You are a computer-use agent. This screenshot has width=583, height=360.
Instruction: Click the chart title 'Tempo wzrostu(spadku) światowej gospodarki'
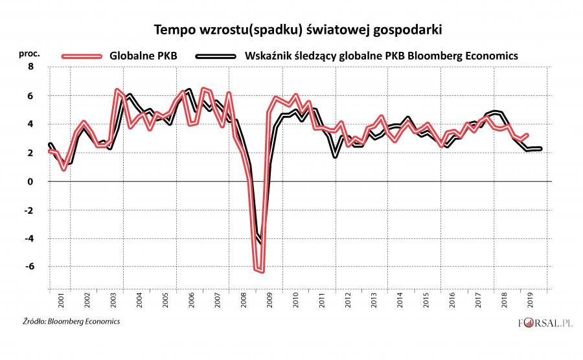[291, 30]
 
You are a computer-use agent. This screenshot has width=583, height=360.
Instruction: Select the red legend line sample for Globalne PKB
[82, 56]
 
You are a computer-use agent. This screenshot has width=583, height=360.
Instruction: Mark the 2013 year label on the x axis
[374, 301]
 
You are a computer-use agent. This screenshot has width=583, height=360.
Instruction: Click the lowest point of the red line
[262, 271]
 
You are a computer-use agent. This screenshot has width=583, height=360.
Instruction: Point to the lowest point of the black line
[260, 242]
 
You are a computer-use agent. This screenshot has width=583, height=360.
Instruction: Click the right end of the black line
[541, 149]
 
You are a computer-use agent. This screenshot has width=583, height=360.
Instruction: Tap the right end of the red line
[528, 135]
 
